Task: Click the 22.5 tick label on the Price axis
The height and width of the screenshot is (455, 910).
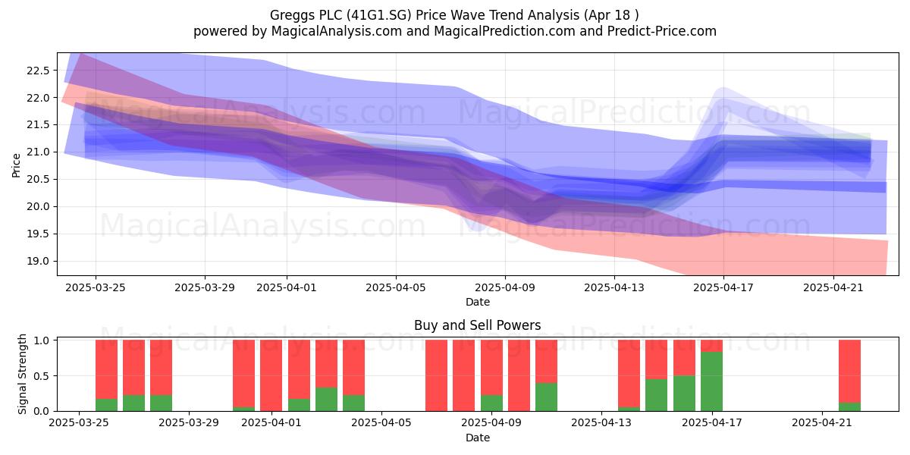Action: (38, 71)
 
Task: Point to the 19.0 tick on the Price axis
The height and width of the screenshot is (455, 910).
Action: (38, 261)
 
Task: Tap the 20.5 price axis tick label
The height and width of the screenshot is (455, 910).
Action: (38, 180)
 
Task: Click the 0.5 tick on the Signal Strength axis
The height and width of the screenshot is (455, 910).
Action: (41, 376)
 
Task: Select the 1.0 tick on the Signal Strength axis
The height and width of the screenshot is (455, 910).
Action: (41, 340)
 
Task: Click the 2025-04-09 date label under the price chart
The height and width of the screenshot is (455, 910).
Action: (505, 287)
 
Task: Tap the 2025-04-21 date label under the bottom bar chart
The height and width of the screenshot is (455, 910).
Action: (822, 422)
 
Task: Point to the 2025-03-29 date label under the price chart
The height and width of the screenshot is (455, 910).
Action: (205, 287)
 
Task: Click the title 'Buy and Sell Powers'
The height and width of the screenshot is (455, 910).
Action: (477, 325)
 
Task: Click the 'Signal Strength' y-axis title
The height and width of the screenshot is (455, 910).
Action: (22, 374)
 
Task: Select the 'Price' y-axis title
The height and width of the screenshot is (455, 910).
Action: (16, 165)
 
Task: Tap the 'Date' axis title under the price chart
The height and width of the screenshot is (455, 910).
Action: (477, 302)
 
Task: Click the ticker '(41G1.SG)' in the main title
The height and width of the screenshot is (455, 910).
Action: (379, 15)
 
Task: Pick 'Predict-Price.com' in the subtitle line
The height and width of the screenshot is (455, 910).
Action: (662, 31)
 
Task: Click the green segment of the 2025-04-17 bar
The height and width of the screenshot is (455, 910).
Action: (712, 381)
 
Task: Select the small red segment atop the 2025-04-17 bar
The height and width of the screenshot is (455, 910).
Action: (712, 346)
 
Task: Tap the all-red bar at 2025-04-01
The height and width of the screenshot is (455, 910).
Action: (271, 375)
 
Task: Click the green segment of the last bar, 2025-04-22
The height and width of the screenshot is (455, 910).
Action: (849, 406)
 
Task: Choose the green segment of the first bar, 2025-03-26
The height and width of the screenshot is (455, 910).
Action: (106, 405)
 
